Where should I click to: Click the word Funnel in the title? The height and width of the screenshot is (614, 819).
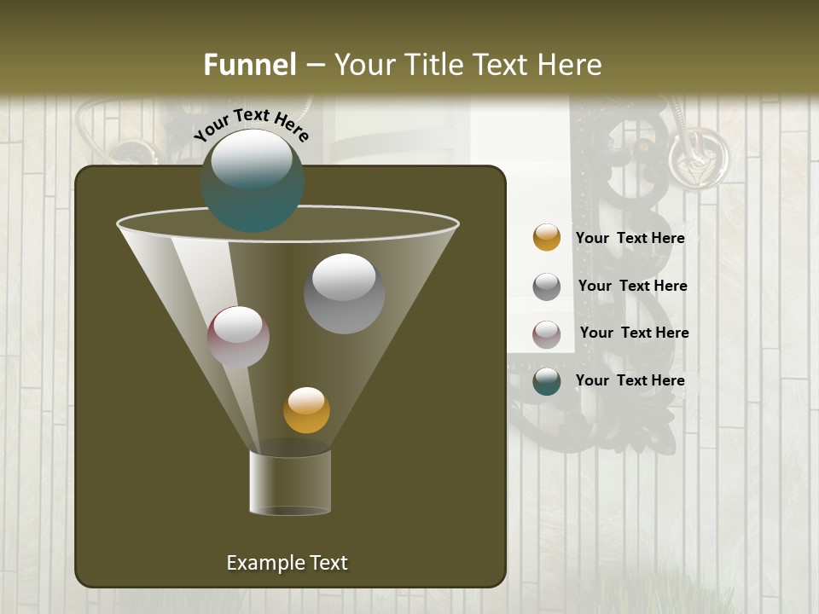[x=250, y=65]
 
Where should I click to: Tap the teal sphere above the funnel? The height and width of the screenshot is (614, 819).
[x=253, y=180]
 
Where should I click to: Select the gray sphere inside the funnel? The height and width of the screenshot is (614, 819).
[x=344, y=293]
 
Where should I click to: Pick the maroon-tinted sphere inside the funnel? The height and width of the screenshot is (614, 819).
[x=239, y=337]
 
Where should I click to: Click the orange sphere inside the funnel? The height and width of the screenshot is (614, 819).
[x=306, y=410]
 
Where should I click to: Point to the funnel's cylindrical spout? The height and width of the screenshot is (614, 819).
[x=290, y=482]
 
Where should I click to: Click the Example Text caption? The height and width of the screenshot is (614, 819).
[x=287, y=563]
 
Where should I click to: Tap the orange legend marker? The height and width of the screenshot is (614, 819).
[x=547, y=238]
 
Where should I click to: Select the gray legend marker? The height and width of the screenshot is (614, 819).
[x=547, y=287]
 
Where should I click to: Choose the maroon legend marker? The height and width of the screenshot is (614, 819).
[x=547, y=334]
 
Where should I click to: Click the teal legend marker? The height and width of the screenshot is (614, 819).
[x=547, y=381]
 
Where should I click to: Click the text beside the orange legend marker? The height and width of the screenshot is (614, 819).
[x=630, y=239]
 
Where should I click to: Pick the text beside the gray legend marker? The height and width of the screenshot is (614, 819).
[x=632, y=287]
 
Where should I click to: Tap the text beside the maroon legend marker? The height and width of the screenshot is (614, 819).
[x=634, y=333]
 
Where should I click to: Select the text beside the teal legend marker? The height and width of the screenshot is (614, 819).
[x=630, y=381]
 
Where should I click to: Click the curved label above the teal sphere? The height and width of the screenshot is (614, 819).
[x=251, y=125]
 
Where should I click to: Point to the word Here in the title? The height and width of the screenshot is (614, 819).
[x=566, y=65]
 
